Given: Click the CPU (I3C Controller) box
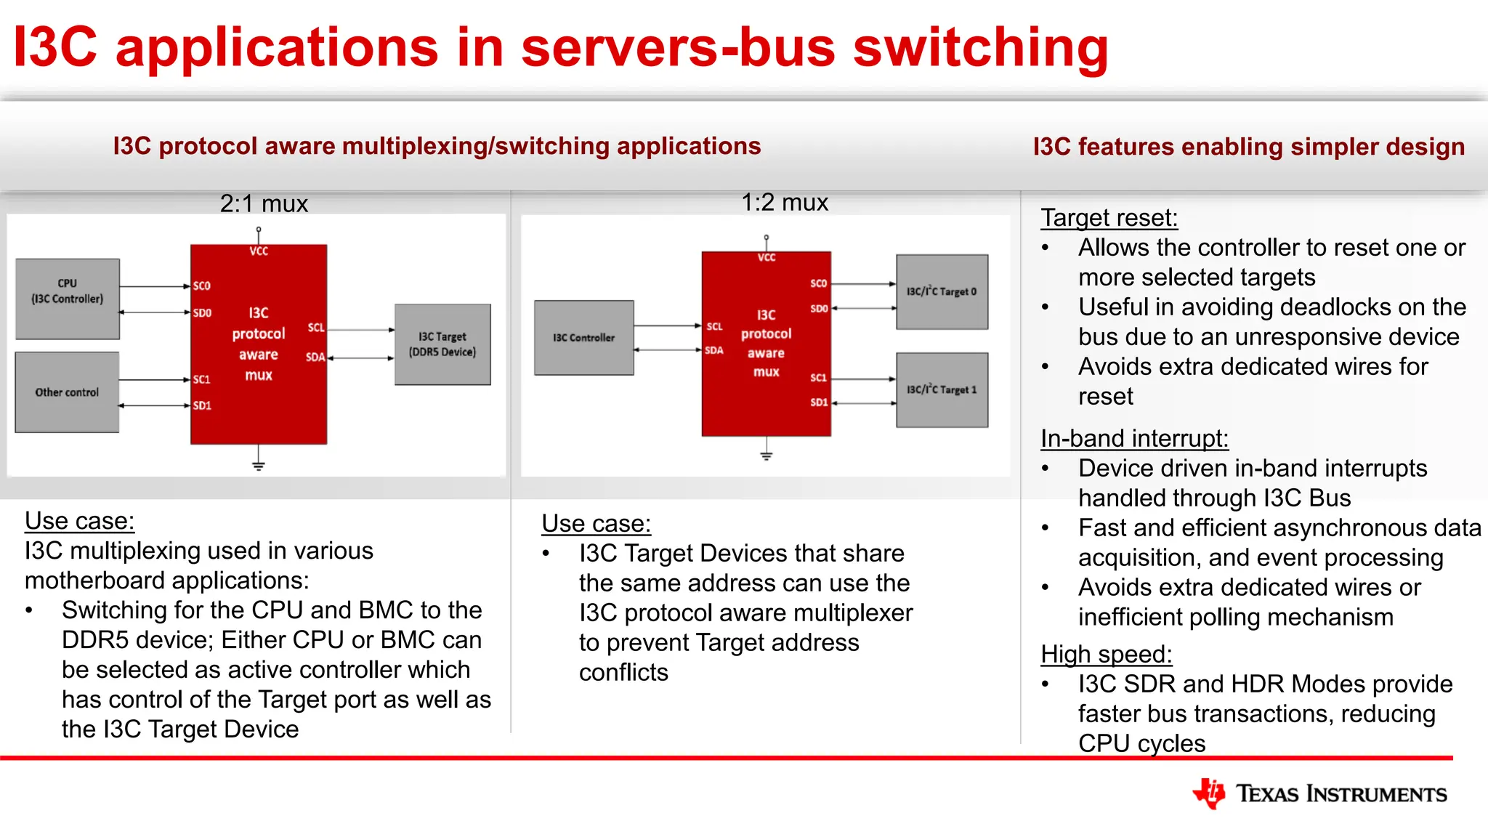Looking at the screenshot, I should pyautogui.click(x=68, y=299).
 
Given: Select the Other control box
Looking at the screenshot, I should pyautogui.click(x=67, y=392).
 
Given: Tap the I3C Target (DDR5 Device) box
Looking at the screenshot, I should pyautogui.click(x=442, y=344).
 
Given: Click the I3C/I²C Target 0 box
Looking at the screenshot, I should pyautogui.click(x=942, y=291).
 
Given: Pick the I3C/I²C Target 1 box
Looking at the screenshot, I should pyautogui.click(x=942, y=389).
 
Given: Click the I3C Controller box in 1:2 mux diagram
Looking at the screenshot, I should pyautogui.click(x=583, y=338).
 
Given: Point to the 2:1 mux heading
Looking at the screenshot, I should pyautogui.click(x=264, y=203).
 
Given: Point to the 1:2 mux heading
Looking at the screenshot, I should pyautogui.click(x=785, y=202).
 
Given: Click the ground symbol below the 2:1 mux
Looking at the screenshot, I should pyautogui.click(x=258, y=465).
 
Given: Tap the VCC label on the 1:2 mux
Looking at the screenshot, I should pyautogui.click(x=767, y=257).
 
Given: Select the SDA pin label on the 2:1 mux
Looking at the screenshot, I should pyautogui.click(x=315, y=357).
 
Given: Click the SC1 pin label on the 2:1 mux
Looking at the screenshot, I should pyautogui.click(x=202, y=379).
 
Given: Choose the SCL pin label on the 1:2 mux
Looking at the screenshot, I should pyautogui.click(x=715, y=326).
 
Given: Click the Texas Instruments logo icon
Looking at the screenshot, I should pyautogui.click(x=1209, y=793).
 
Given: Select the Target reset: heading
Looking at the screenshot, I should pyautogui.click(x=1109, y=217).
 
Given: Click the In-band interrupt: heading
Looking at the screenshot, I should pyautogui.click(x=1134, y=438).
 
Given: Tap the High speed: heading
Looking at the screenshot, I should pyautogui.click(x=1106, y=654).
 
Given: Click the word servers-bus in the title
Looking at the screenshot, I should pyautogui.click(x=678, y=47).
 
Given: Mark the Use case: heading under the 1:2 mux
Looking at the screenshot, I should pyautogui.click(x=596, y=523).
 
